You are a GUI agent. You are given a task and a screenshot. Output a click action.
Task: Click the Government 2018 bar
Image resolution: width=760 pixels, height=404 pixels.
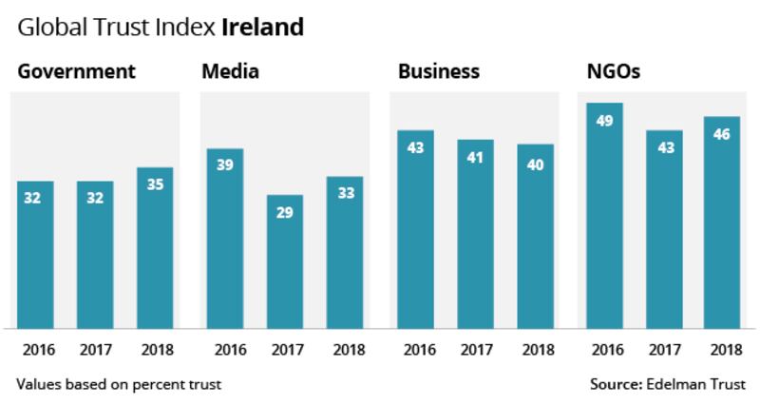coord(154,247)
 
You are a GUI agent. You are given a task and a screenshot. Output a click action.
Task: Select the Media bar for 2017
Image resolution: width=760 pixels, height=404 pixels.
coord(284,261)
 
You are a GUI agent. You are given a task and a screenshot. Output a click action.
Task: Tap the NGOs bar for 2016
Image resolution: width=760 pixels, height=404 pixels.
coord(603,214)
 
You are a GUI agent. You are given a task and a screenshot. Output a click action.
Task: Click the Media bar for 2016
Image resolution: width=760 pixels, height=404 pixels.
coord(225,238)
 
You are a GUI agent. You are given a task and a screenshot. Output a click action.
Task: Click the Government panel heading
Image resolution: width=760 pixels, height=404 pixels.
coord(77,72)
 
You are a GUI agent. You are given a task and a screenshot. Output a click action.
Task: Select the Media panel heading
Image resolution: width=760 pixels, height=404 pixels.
coord(230,72)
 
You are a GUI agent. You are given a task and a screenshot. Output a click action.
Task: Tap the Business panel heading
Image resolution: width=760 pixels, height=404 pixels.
coord(439,72)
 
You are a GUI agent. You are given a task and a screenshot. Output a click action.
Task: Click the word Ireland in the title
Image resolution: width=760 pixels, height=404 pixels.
coord(262,26)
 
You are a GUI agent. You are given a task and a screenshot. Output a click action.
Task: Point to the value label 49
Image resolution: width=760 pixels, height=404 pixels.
coord(603,121)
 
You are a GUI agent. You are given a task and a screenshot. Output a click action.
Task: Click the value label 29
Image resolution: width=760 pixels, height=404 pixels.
coord(284,214)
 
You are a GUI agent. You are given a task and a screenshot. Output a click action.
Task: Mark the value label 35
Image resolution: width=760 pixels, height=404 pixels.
coord(154,186)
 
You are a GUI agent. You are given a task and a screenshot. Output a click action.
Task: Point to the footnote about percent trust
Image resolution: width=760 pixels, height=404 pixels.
coord(118,384)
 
